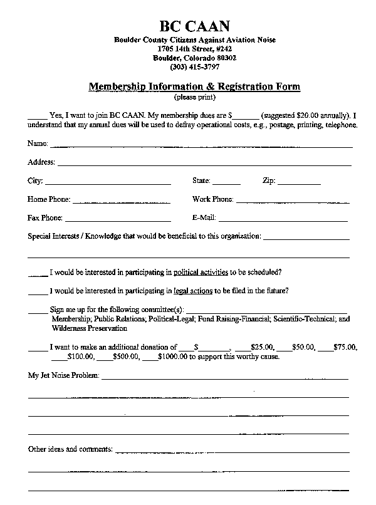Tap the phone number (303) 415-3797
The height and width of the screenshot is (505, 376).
[194, 67]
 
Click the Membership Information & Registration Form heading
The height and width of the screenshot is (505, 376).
[194, 86]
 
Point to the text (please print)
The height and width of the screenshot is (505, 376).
[194, 98]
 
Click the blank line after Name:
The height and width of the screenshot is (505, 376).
[201, 146]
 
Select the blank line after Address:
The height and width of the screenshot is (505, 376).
[204, 164]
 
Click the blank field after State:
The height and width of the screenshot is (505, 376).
[226, 183]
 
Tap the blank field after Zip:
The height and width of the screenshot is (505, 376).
[299, 183]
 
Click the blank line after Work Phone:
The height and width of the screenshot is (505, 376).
[292, 201]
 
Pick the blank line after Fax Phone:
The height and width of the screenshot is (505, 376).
[117, 220]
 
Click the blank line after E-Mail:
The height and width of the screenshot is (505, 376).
[283, 220]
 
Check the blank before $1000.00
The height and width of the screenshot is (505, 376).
[150, 358]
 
